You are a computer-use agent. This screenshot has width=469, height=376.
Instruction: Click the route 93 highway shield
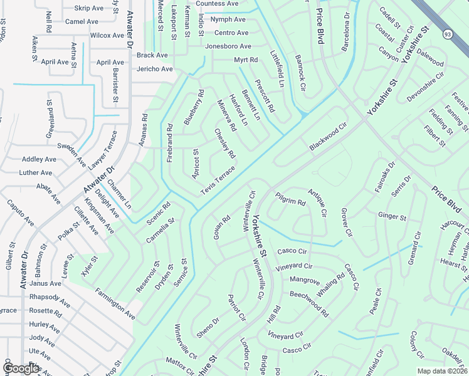point(447,33)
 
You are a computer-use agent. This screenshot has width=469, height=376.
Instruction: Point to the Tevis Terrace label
point(218,180)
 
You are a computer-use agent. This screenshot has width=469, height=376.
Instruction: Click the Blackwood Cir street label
point(328,137)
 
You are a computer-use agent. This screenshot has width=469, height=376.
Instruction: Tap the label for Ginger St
point(392,217)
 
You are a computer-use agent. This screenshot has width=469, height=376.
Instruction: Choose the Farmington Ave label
point(115,303)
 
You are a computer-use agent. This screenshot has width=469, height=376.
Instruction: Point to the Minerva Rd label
point(226,116)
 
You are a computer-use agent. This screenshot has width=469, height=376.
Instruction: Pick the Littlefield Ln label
point(277,65)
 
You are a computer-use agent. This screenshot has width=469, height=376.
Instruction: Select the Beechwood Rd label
point(309,302)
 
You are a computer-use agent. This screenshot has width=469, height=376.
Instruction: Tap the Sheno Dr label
point(208,328)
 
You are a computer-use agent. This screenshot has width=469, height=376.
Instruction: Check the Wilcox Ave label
point(107,35)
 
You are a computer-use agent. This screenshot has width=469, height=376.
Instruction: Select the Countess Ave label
point(217,4)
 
